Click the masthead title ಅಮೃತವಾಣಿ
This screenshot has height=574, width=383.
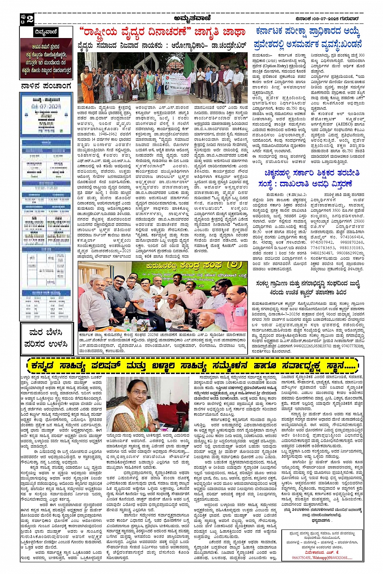click(191, 18)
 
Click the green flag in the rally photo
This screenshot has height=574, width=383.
click(188, 62)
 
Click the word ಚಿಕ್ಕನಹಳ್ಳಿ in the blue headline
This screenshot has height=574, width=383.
click(284, 173)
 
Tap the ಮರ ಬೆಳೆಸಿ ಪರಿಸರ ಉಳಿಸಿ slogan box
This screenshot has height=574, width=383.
click(46, 338)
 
